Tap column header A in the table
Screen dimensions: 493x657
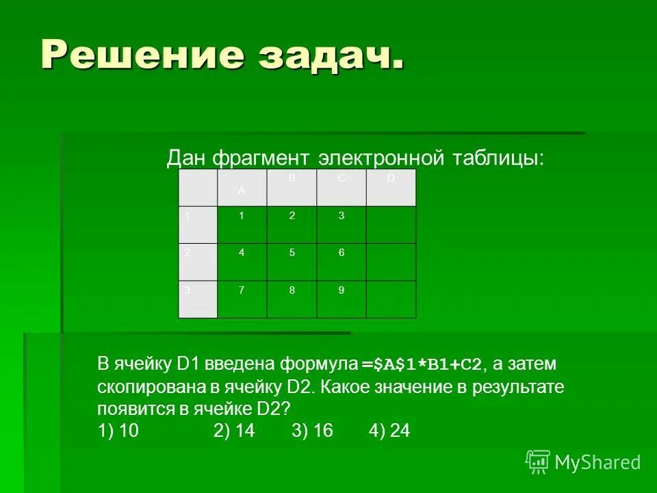pos(242,188)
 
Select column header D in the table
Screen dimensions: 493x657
pos(391,187)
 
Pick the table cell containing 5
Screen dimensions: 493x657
pos(292,262)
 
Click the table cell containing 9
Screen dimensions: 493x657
pos(342,299)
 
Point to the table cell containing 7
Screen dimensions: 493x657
pos(242,299)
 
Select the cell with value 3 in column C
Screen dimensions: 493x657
pos(342,225)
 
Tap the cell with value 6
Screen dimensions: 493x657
pos(342,262)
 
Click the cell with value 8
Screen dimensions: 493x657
pos(292,299)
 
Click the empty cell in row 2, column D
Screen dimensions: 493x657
pos(391,262)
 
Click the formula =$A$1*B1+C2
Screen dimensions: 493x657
pos(422,364)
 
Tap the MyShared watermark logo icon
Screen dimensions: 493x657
pos(538,462)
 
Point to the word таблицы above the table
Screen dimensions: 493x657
pos(498,158)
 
